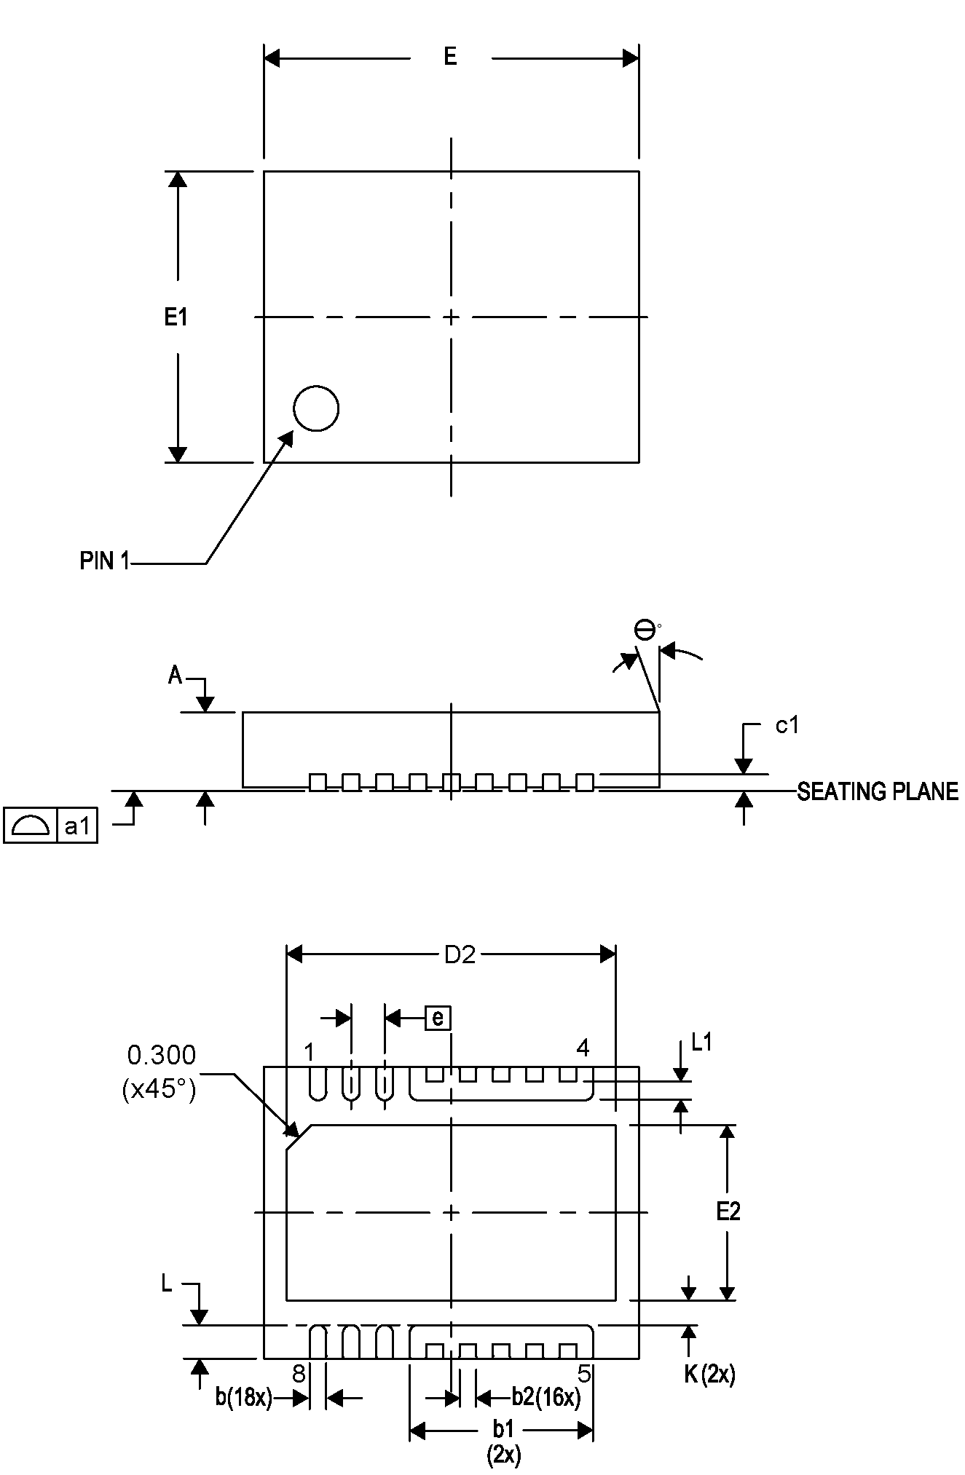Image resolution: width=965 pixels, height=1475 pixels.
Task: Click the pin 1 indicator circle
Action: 316,408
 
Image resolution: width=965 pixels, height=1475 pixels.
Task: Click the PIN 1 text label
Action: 105,561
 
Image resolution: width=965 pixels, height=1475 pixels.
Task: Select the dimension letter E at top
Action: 451,57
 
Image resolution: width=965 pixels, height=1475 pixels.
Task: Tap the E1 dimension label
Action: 176,317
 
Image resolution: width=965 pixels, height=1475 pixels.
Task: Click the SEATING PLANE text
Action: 877,792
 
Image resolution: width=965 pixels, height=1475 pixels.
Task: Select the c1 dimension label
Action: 787,725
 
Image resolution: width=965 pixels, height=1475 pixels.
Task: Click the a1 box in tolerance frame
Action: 77,826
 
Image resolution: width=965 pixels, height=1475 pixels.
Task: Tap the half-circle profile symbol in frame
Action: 31,826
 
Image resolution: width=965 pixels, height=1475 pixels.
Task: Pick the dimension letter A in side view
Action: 176,676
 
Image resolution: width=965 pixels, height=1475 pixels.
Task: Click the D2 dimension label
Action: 460,955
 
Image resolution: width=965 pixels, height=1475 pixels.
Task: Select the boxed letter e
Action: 438,1018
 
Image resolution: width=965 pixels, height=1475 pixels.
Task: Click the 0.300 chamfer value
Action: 162,1055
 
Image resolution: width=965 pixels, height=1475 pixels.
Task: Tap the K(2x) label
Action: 709,1375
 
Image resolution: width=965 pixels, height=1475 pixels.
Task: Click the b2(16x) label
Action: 546,1397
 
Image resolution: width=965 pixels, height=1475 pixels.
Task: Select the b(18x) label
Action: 244,1398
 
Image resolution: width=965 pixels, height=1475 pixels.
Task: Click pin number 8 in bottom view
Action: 299,1374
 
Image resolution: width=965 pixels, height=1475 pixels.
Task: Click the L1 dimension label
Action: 701,1043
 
